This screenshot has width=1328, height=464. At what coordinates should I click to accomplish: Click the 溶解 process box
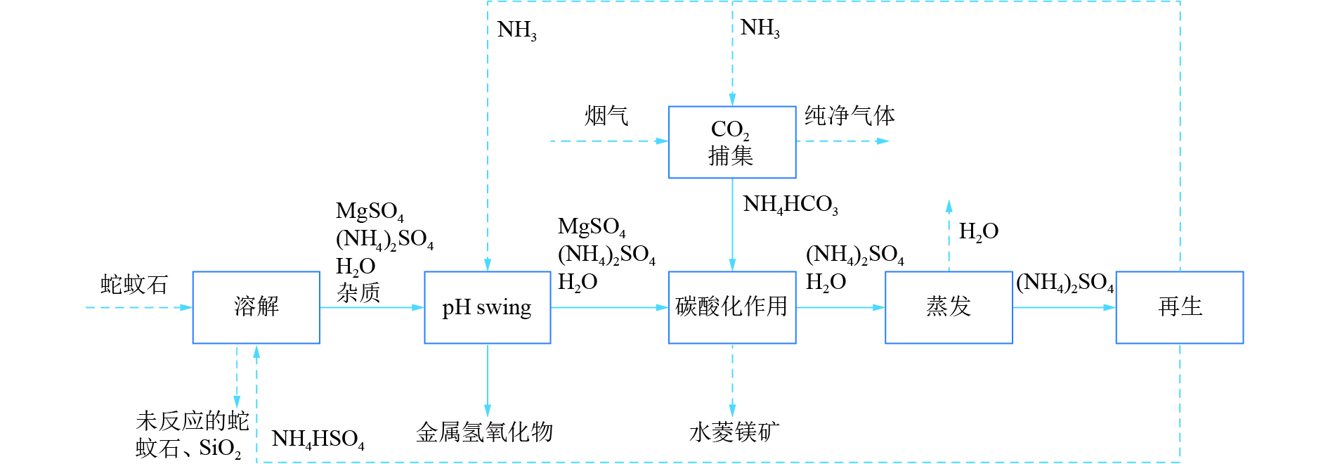point(256,307)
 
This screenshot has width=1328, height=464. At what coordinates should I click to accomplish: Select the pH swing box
point(487,307)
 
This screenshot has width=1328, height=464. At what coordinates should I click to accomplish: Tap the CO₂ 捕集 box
point(731,142)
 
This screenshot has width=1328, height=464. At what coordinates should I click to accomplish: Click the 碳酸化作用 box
point(731,307)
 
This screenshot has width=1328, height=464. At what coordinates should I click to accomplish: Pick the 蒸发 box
point(948,307)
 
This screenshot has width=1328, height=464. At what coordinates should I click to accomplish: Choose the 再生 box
point(1179,307)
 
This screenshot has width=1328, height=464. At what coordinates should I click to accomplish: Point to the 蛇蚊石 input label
point(134,285)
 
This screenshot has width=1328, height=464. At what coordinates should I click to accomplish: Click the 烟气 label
point(606,115)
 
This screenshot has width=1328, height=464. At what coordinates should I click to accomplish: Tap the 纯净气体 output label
point(849,115)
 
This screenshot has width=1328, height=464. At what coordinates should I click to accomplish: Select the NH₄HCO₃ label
point(790,205)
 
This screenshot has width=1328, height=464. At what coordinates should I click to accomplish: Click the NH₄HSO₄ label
point(318,439)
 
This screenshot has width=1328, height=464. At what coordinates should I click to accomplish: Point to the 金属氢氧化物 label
point(485,432)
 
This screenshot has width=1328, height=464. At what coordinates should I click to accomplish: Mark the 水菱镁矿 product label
point(734,432)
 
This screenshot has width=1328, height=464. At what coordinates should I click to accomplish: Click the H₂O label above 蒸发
point(978,231)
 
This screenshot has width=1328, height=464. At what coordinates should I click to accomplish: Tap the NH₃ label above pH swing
point(516,30)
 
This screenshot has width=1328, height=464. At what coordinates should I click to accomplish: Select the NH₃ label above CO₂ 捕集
point(760,28)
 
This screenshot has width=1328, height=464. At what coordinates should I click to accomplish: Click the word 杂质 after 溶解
point(358,292)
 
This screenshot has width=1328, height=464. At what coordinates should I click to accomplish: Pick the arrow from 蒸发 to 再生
point(1064,307)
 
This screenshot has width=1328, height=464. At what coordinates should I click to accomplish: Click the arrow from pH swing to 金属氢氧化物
point(487,380)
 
